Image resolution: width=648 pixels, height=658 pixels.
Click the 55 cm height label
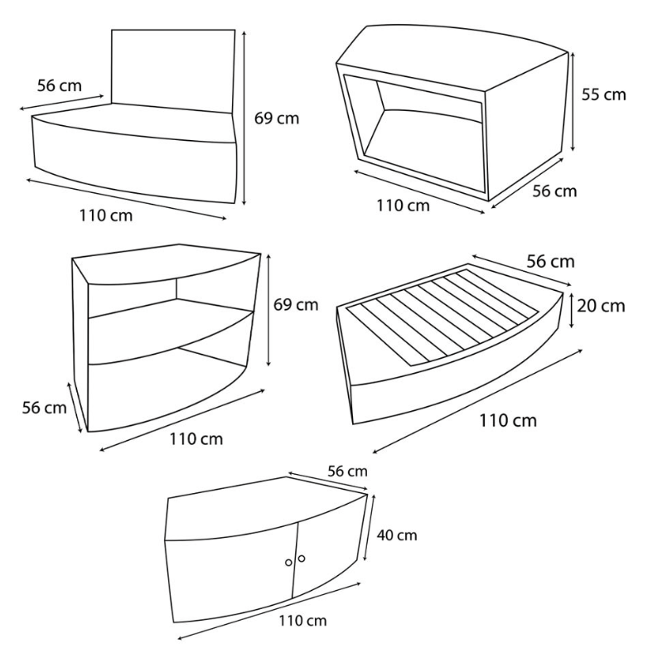click(603, 94)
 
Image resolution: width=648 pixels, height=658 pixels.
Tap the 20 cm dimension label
click(601, 306)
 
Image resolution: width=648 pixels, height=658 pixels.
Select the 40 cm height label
click(397, 535)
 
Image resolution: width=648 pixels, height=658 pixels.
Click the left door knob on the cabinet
click(288, 563)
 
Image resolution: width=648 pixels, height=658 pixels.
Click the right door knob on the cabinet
click(302, 559)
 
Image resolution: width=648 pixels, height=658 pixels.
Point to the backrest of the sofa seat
click(173, 70)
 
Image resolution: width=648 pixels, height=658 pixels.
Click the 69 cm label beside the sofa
click(277, 119)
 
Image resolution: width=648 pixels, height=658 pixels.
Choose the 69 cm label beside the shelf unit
click(296, 304)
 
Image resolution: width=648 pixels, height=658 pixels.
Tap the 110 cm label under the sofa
click(106, 215)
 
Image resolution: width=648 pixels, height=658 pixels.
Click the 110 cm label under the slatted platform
click(508, 420)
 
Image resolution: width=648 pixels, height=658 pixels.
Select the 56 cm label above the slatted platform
click(550, 261)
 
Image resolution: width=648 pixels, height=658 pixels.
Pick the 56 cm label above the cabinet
click(347, 472)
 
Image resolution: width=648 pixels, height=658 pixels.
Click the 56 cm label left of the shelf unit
click(44, 408)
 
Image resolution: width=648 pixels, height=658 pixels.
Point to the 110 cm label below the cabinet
click(302, 620)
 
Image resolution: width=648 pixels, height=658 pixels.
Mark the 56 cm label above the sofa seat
click(59, 85)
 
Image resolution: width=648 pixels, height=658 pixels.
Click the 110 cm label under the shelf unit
click(196, 439)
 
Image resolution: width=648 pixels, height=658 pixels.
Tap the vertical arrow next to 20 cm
click(572, 311)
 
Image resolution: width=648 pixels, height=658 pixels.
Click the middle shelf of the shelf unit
click(170, 331)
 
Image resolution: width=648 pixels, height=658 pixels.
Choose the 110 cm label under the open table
click(403, 206)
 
